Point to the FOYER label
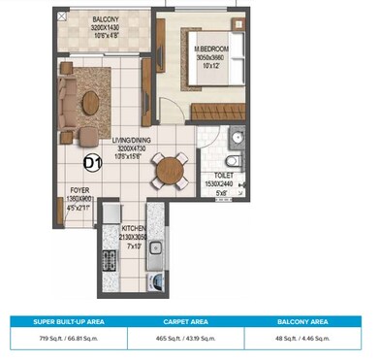click(79, 191)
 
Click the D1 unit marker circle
click(95, 162)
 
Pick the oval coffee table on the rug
click(91, 101)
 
